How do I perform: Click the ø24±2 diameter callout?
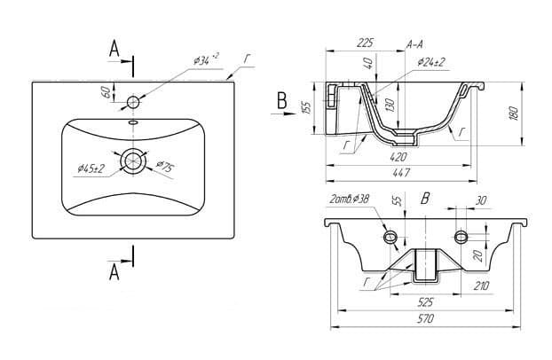click(x=432, y=62)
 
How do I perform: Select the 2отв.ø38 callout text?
click(x=349, y=201)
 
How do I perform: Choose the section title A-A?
click(x=414, y=43)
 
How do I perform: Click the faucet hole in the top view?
click(x=134, y=100)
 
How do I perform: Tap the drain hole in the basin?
click(x=134, y=160)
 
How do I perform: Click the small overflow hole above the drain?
click(x=134, y=122)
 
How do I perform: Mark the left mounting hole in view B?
click(x=390, y=237)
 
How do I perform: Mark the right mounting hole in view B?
click(x=461, y=236)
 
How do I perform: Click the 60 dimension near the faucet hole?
click(x=105, y=91)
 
